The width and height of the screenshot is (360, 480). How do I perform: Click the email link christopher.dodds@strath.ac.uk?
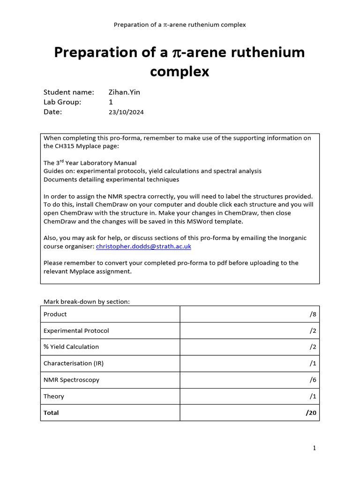click(143, 246)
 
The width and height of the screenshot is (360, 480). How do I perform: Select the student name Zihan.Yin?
click(124, 92)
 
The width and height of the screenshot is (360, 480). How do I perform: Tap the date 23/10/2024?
click(126, 112)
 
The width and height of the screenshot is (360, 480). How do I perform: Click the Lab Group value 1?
click(111, 102)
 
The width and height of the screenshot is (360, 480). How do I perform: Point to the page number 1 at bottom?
click(315, 448)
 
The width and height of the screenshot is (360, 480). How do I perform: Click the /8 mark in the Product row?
click(313, 314)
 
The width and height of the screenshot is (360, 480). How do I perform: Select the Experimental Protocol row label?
click(76, 330)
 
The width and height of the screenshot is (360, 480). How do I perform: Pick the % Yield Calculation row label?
click(71, 347)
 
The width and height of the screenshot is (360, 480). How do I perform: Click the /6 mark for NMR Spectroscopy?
click(313, 380)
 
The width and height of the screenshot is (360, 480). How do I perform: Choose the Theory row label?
click(54, 396)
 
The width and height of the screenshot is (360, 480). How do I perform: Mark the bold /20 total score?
click(311, 412)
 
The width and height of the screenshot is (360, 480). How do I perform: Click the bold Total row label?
click(51, 412)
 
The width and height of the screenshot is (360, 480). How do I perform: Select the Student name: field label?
click(69, 92)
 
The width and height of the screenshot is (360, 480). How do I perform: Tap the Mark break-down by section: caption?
click(87, 301)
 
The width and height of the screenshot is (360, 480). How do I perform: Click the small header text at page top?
click(180, 24)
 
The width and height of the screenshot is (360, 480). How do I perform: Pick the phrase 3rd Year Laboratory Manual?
click(90, 163)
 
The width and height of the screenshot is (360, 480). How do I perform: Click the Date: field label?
click(52, 112)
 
